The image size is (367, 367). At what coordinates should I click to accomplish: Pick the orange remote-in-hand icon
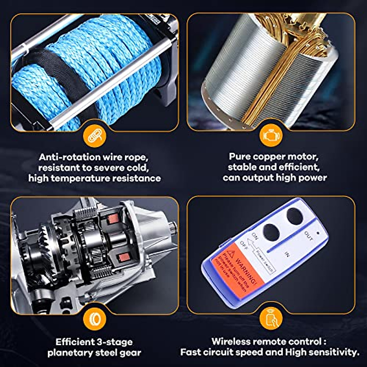(271, 319)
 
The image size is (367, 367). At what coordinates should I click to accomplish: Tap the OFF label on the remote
(244, 245)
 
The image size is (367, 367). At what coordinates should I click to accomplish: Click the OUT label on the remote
(309, 236)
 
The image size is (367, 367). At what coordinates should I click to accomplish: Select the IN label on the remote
(287, 254)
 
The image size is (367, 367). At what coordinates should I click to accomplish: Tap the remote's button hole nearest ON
(271, 232)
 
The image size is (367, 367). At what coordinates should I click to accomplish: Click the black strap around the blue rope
(66, 75)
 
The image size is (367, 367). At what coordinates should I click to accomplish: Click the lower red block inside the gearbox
(124, 257)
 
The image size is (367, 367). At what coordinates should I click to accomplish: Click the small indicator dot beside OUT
(318, 233)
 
